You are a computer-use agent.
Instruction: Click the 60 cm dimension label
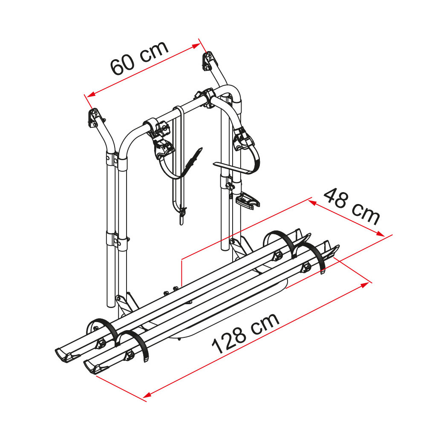click(139, 58)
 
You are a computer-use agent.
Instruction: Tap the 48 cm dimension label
click(352, 206)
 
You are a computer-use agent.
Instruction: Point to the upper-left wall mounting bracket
click(94, 118)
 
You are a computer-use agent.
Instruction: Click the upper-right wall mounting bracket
click(209, 61)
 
